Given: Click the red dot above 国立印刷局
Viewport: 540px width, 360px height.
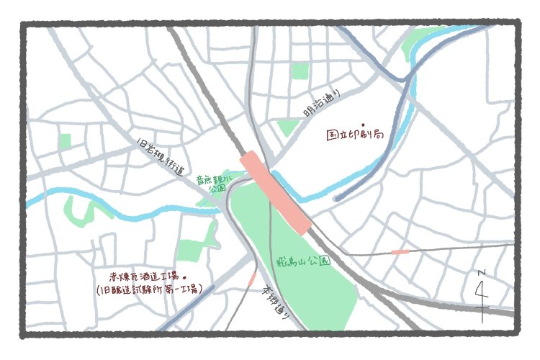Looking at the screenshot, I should coord(363,124).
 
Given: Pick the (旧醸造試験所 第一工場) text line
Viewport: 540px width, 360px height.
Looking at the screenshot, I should coord(149,289).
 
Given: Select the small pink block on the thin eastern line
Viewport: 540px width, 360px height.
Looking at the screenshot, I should coord(400,252).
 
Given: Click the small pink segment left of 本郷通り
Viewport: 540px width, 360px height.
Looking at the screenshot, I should coord(251,279).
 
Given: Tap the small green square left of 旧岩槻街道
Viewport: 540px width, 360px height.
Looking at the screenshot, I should coord(66,141).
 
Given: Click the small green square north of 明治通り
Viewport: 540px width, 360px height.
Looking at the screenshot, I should coord(300,71).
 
